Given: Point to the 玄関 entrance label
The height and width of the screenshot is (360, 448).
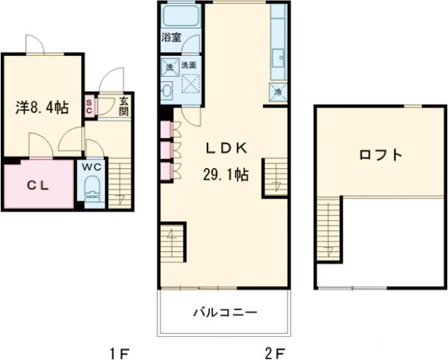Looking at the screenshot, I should click(123, 107).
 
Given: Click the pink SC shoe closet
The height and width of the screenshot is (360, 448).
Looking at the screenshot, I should click(89, 107).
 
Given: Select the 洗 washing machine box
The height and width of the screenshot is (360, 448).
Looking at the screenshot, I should click(168, 66).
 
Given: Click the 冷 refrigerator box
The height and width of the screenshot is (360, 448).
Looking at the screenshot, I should click(278, 92).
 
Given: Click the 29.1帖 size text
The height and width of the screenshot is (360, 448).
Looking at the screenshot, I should click(225, 176).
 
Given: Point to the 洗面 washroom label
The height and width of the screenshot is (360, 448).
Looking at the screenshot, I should click(189, 66).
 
